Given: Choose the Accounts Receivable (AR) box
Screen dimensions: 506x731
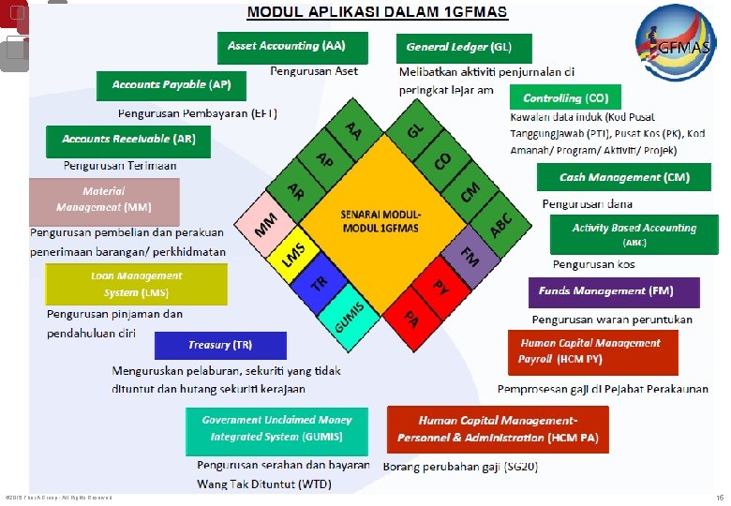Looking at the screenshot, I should tap(128, 141).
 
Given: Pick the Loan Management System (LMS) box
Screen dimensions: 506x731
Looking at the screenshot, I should tap(136, 284).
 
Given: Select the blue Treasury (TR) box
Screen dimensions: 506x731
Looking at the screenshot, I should tap(220, 346).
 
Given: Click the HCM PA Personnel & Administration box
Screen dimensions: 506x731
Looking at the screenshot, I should tap(498, 429).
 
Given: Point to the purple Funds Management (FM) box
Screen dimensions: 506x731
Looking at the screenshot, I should tap(614, 292).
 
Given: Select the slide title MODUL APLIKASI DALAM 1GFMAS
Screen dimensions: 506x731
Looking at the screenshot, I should tap(377, 13).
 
